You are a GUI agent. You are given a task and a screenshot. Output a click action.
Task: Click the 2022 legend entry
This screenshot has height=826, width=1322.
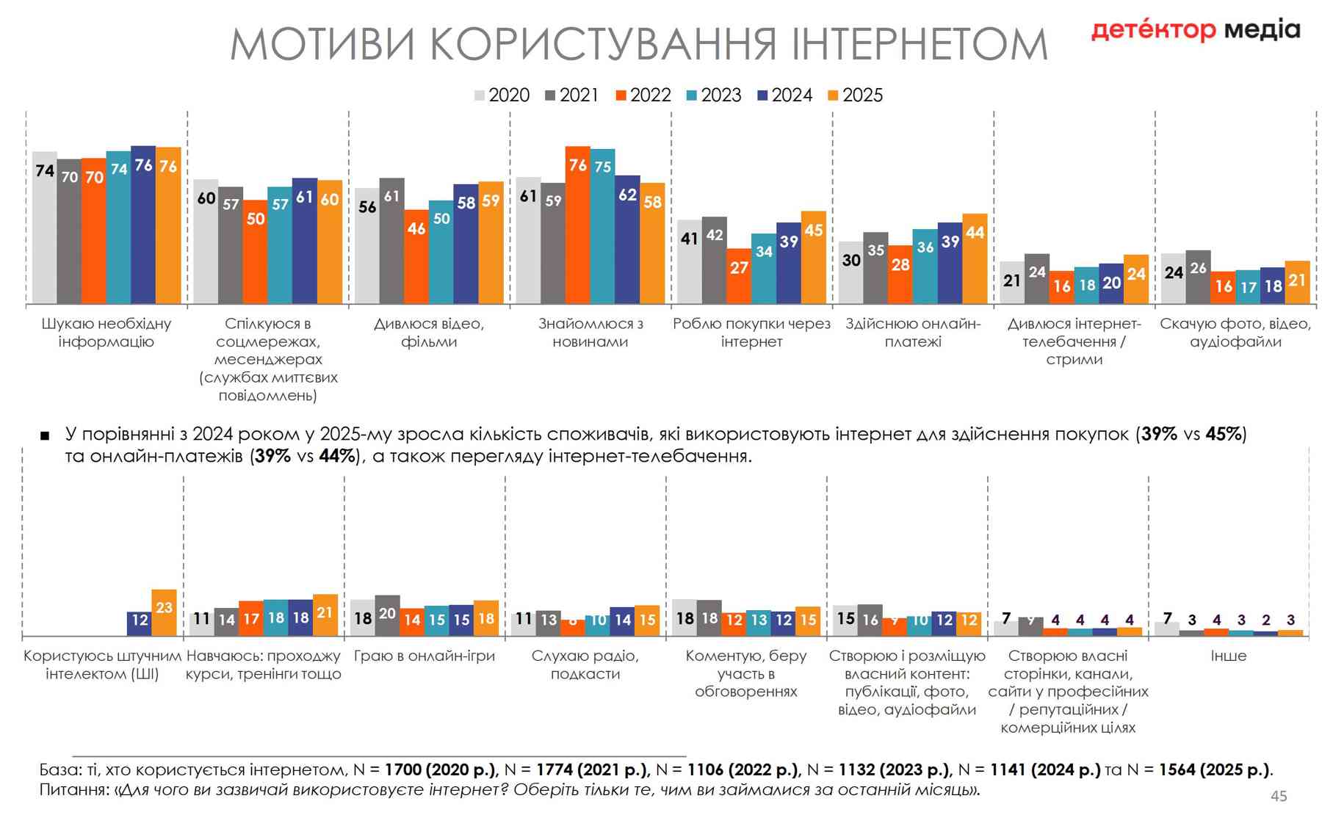643,95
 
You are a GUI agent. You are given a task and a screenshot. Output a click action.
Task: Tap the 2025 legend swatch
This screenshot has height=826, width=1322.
833,95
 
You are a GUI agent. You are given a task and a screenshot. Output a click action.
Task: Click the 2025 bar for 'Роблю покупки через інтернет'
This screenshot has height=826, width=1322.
813,257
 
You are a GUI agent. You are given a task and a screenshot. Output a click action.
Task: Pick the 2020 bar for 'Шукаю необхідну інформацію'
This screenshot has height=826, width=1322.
44,228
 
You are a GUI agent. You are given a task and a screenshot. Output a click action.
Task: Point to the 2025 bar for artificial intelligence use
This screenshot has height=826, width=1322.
164,612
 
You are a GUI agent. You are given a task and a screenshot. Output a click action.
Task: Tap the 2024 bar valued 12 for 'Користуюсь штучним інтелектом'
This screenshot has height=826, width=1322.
139,623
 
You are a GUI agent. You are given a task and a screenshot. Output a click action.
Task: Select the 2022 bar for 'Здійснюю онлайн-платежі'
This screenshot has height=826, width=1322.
900,275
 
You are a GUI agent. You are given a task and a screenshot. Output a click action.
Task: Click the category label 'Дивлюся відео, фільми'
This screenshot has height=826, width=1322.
429,333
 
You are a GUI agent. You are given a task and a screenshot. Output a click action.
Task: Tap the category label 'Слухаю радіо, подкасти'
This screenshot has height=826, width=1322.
585,664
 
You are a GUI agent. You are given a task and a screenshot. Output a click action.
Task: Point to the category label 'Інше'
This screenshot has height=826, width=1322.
1228,656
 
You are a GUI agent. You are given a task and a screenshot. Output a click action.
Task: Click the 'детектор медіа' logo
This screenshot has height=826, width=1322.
1195,30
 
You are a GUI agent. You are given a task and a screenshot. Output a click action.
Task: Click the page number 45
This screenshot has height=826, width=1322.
1279,796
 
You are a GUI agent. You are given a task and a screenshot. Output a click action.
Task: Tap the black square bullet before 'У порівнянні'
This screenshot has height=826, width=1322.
45,436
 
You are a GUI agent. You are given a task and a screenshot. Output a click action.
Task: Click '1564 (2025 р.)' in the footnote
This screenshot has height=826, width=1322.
1214,769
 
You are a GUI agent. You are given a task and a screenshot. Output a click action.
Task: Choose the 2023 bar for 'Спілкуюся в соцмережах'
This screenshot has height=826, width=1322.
279,245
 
